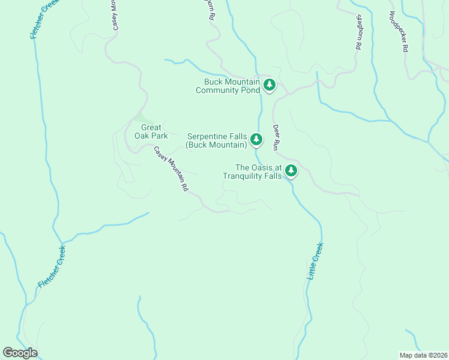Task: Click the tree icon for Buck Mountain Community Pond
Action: point(270,85)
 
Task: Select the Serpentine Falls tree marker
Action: point(256,140)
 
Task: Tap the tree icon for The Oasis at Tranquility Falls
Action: point(291,171)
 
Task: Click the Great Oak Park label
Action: point(154,131)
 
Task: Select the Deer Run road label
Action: point(277,137)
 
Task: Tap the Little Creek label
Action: point(315,261)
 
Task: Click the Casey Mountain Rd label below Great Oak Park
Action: point(171,169)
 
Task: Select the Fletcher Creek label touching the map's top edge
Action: point(40,20)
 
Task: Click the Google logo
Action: point(20,353)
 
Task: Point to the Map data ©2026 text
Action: point(423,355)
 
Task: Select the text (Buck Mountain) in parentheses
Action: point(216,145)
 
